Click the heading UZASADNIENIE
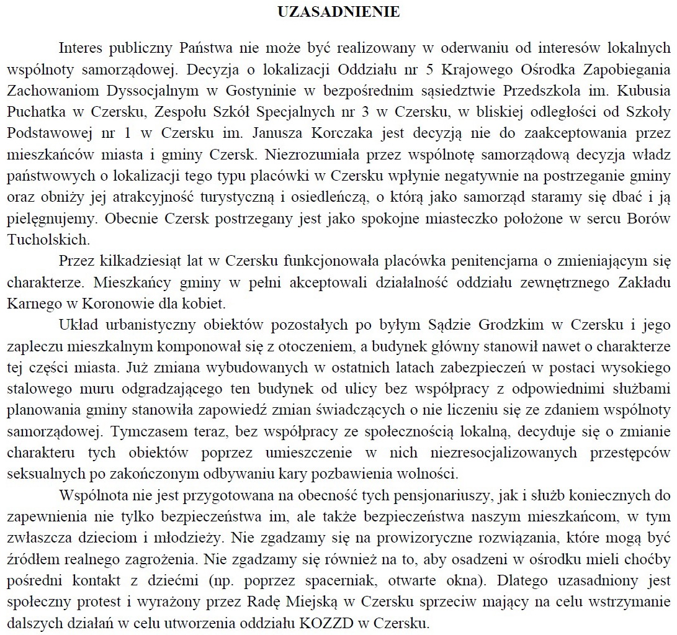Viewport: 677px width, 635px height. [338, 12]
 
